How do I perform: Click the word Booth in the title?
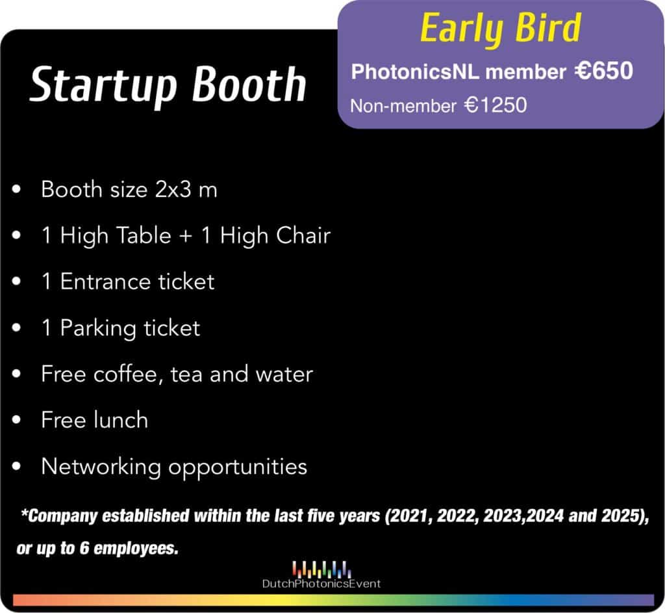coord(249,84)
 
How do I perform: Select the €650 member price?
coord(604,70)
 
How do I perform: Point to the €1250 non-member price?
coord(496,105)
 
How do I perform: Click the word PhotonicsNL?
coord(415,72)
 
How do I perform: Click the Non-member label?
coord(403,106)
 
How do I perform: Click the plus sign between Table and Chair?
coord(185,236)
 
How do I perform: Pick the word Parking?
coord(98,328)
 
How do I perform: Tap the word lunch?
coord(121,420)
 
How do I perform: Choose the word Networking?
coord(101,467)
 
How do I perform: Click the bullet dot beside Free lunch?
coord(16,420)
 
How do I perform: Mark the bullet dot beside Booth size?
coord(16,189)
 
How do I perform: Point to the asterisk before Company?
coord(25,512)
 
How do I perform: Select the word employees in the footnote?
coord(136,549)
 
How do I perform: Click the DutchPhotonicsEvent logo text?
coord(321,584)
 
